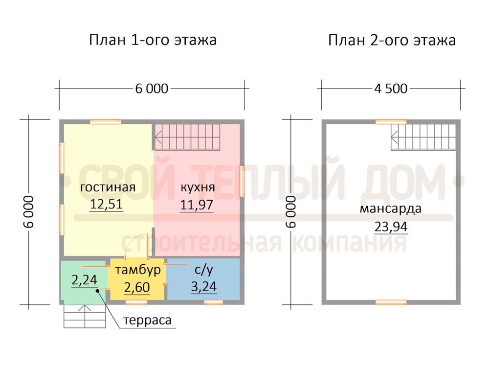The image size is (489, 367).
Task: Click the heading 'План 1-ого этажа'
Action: click(153, 40)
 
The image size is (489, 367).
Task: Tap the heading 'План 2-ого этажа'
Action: click(392, 40)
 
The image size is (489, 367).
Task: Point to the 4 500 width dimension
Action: click(391, 89)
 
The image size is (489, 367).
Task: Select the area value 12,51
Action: click(106, 204)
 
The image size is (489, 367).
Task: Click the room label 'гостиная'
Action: click(108, 187)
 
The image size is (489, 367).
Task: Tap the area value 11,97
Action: click(197, 205)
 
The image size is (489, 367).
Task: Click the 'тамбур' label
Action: click(138, 270)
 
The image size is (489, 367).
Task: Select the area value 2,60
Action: click(137, 287)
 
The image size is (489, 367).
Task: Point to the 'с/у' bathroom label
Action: click(204, 270)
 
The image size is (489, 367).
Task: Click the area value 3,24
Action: click(203, 286)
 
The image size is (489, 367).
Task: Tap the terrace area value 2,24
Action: click(84, 280)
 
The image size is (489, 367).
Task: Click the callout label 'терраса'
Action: click(147, 321)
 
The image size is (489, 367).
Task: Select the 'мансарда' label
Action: click(390, 209)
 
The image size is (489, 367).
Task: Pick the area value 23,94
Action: click(391, 227)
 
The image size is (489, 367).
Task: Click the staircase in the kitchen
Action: click(187, 137)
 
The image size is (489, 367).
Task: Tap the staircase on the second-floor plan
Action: click(423, 137)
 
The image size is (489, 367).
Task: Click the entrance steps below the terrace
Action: click(85, 316)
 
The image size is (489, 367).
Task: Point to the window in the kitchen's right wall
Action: click(242, 182)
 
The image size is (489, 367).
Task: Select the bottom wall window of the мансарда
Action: click(391, 302)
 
